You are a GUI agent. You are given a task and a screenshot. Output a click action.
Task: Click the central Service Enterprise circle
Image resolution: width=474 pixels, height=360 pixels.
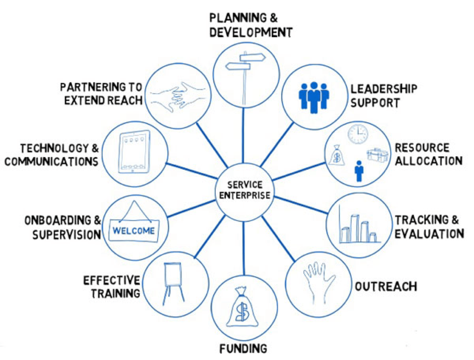tap(244, 190)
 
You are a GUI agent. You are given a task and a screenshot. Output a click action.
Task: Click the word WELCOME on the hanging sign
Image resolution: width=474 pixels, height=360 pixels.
tap(133, 231)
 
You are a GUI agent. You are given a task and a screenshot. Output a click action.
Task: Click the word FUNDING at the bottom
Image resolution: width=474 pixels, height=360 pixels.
tap(243, 349)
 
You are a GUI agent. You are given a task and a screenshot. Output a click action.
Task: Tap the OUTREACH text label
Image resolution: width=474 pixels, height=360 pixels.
tap(385, 286)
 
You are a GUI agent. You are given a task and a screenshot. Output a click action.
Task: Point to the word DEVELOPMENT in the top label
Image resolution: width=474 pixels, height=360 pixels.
tap(251, 32)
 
